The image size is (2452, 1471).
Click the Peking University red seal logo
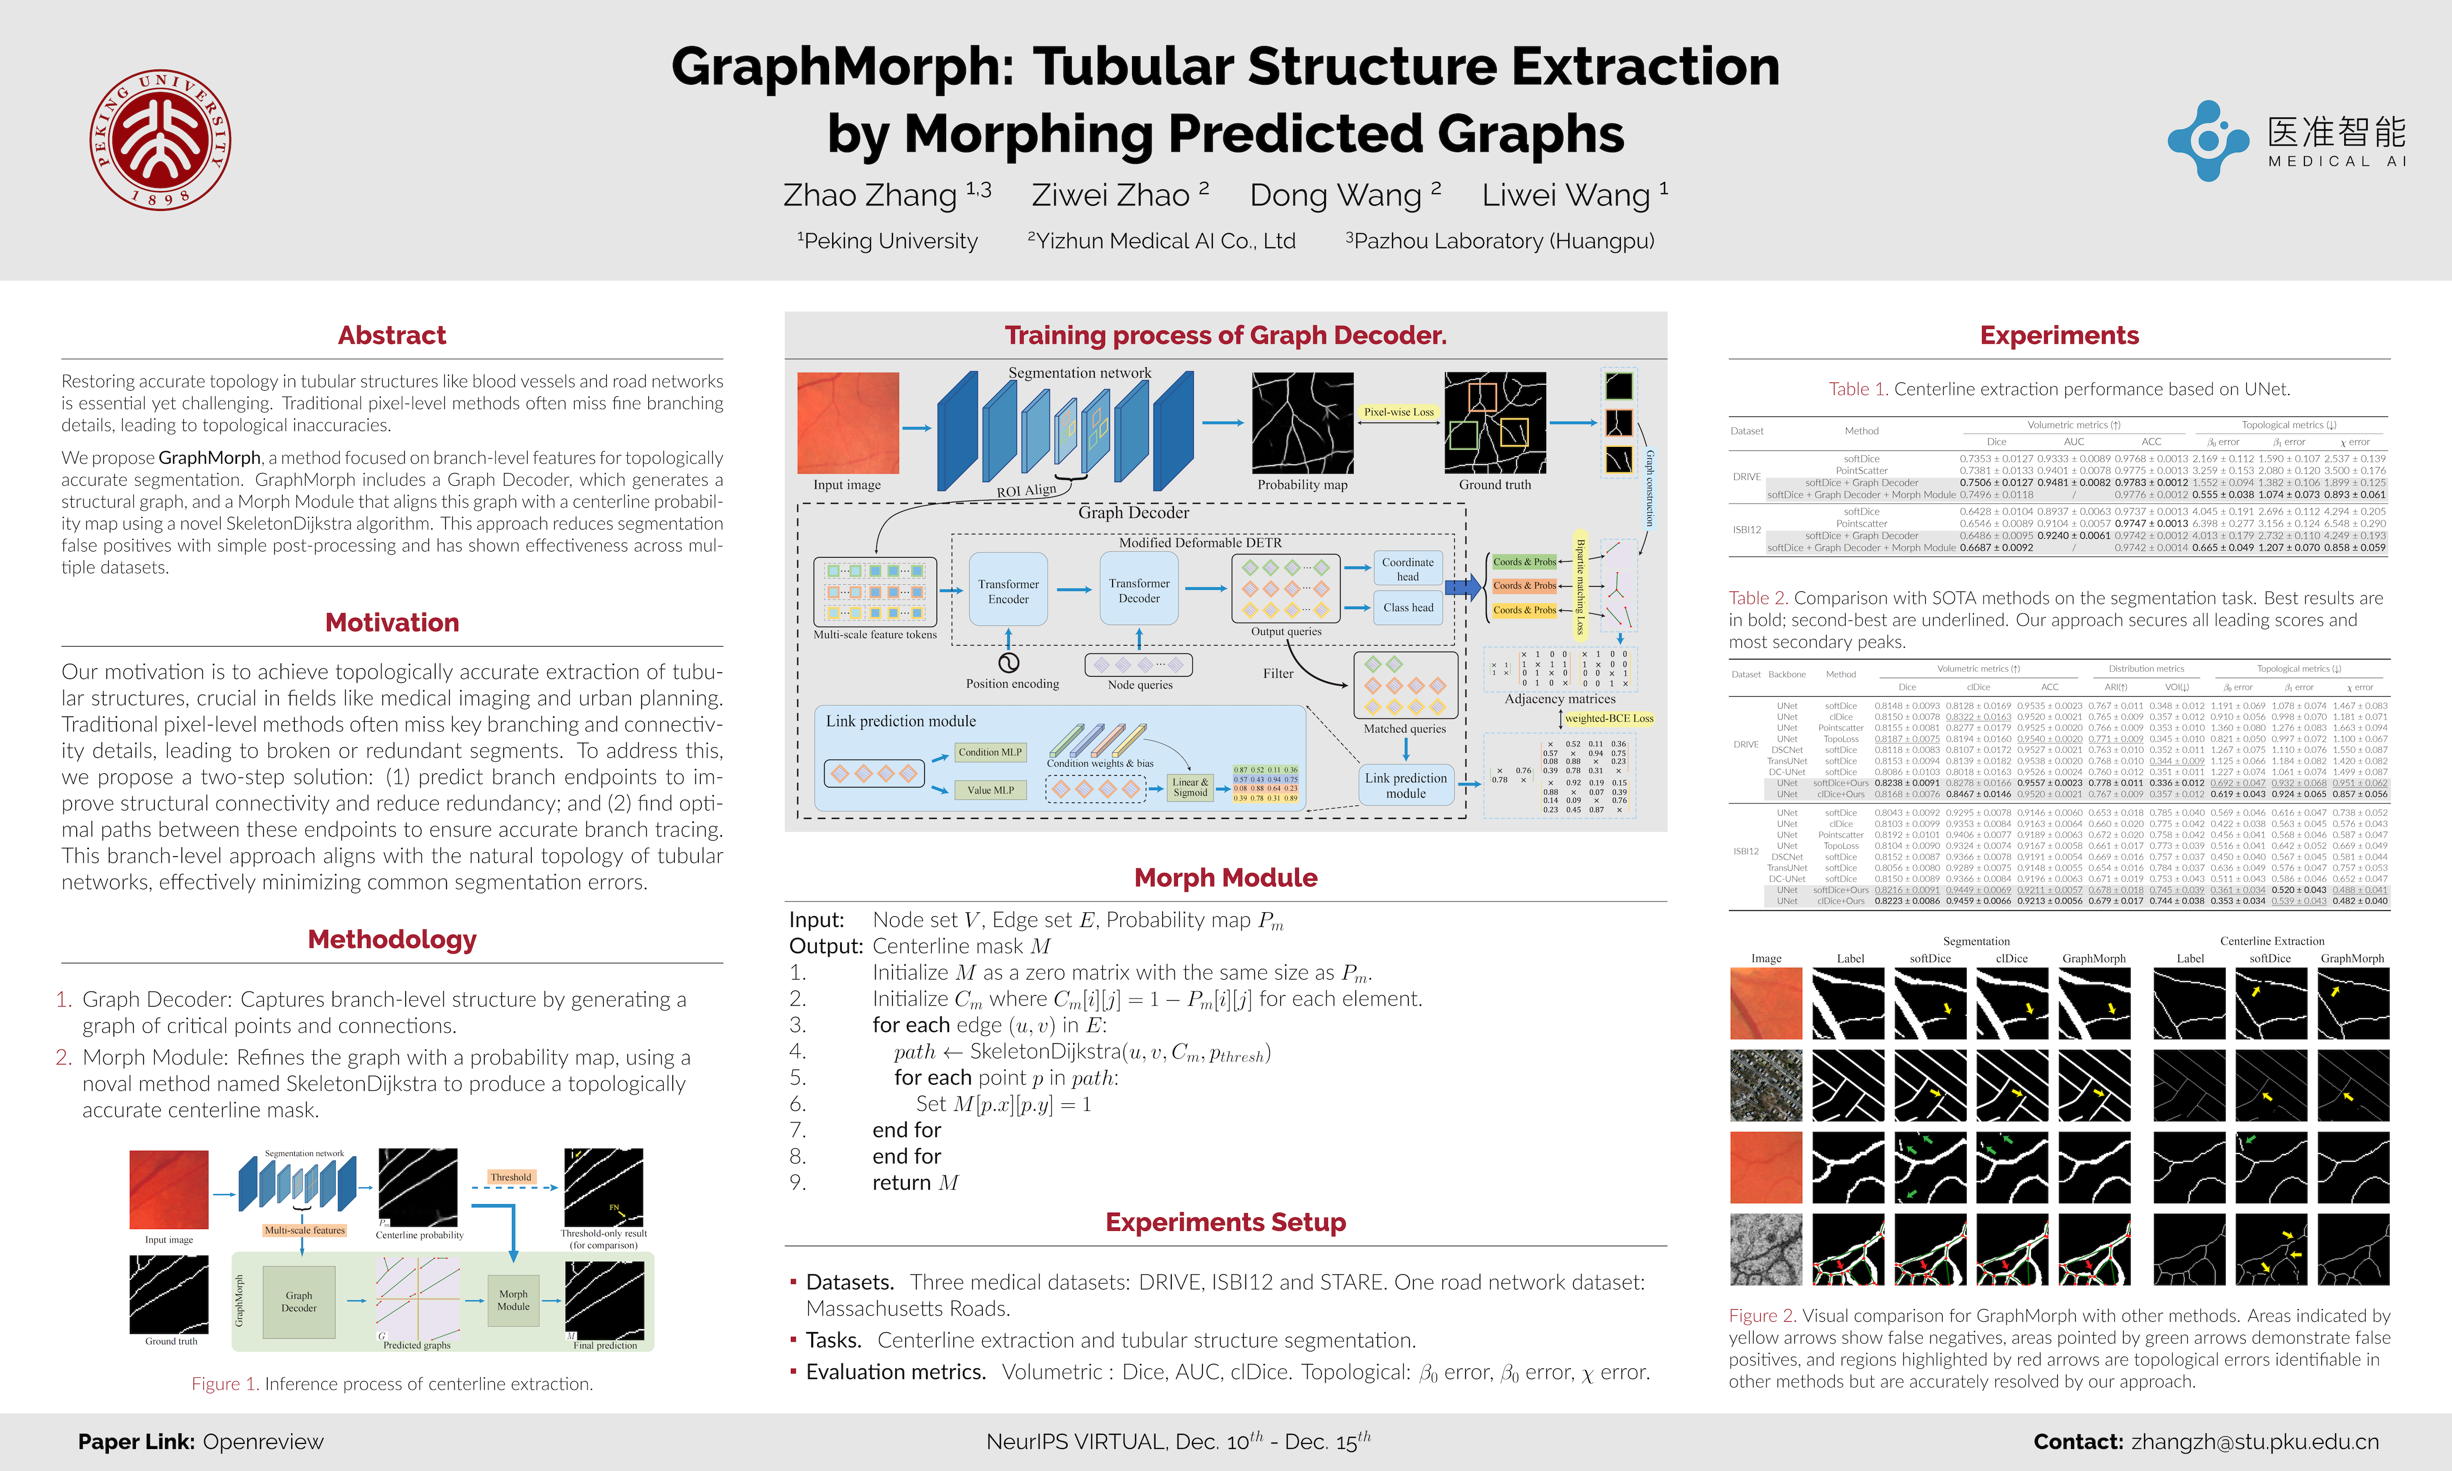tap(160, 140)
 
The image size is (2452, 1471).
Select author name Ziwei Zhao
tap(1110, 195)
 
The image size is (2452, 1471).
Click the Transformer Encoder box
tap(1008, 591)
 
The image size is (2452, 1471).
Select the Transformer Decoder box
tap(1139, 591)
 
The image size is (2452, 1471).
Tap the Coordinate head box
tap(1407, 569)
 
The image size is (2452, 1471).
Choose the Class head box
tap(1407, 608)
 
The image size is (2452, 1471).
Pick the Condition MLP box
tap(989, 752)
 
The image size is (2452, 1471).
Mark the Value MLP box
tap(989, 790)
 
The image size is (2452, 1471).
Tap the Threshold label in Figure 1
tap(510, 1177)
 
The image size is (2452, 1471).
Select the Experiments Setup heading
tap(1225, 1222)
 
